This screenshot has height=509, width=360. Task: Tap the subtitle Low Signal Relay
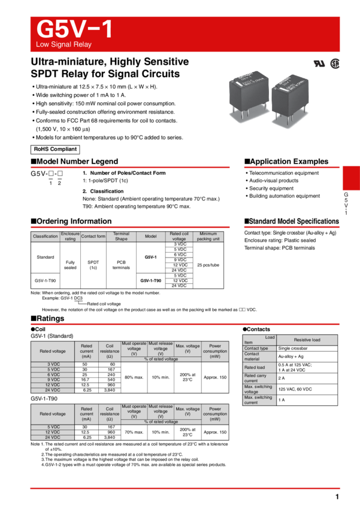tap(64, 45)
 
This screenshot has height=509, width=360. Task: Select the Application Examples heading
tap(286, 162)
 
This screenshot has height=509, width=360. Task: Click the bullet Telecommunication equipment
tap(284, 173)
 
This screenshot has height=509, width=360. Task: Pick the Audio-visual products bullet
tap(274, 181)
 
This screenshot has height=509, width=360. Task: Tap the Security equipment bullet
tap(271, 189)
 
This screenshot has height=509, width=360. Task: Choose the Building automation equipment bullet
tap(285, 196)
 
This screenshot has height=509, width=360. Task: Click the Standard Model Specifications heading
tap(292, 222)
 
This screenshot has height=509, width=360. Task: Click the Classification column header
tap(46, 237)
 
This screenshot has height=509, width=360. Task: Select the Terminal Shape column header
tap(122, 237)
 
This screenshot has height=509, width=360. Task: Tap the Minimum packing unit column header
tap(208, 237)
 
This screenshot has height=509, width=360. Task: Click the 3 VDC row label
tap(53, 364)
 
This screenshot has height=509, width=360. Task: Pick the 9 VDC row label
tap(53, 380)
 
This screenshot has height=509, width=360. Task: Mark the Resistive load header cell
tap(307, 340)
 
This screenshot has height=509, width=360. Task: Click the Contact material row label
tap(259, 356)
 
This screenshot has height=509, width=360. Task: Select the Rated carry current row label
tap(259, 378)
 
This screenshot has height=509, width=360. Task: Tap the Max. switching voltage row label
tap(259, 389)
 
